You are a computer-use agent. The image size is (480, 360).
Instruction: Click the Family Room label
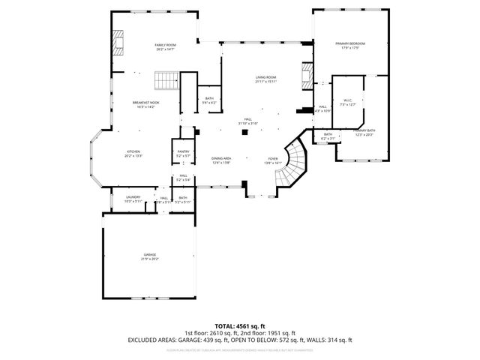pos(165,47)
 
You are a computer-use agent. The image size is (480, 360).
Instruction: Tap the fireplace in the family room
pos(118,43)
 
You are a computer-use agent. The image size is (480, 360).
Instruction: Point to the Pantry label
pos(183,153)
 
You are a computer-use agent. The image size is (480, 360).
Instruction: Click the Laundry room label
pos(132,199)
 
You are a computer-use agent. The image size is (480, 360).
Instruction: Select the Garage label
pos(150,257)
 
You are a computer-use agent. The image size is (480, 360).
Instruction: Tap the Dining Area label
pos(220,160)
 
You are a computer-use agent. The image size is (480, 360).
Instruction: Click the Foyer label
pos(273,160)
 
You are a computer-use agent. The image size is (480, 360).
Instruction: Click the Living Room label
pos(266,79)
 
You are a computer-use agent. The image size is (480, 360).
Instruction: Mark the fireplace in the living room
pos(305,75)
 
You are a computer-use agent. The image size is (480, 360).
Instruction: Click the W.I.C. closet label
pos(348,102)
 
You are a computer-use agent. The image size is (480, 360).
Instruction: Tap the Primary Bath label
pos(364,132)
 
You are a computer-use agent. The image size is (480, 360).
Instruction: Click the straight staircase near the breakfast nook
pos(166,79)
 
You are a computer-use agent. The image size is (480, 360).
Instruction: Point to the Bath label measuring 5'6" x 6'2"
pos(209,100)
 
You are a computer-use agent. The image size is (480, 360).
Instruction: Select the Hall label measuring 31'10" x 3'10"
pos(248,123)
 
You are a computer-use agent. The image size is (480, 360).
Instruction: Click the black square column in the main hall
pos(244,133)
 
